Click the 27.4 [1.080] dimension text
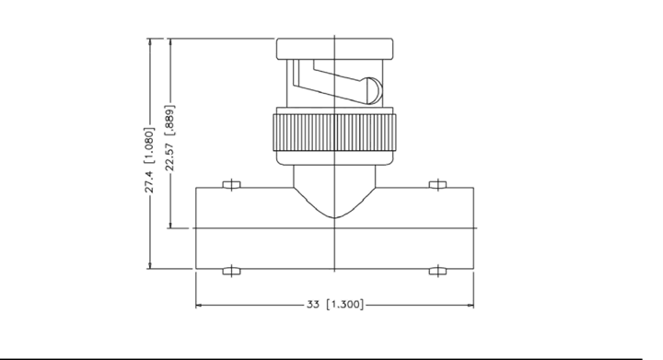(150, 160)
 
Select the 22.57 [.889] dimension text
(170, 138)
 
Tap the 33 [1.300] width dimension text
(335, 304)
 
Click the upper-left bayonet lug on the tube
(231, 184)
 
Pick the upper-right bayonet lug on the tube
(437, 184)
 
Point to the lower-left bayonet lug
(231, 271)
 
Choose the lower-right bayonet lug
(437, 271)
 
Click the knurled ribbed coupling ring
(335, 132)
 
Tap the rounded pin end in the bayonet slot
(373, 91)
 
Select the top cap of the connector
(335, 49)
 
